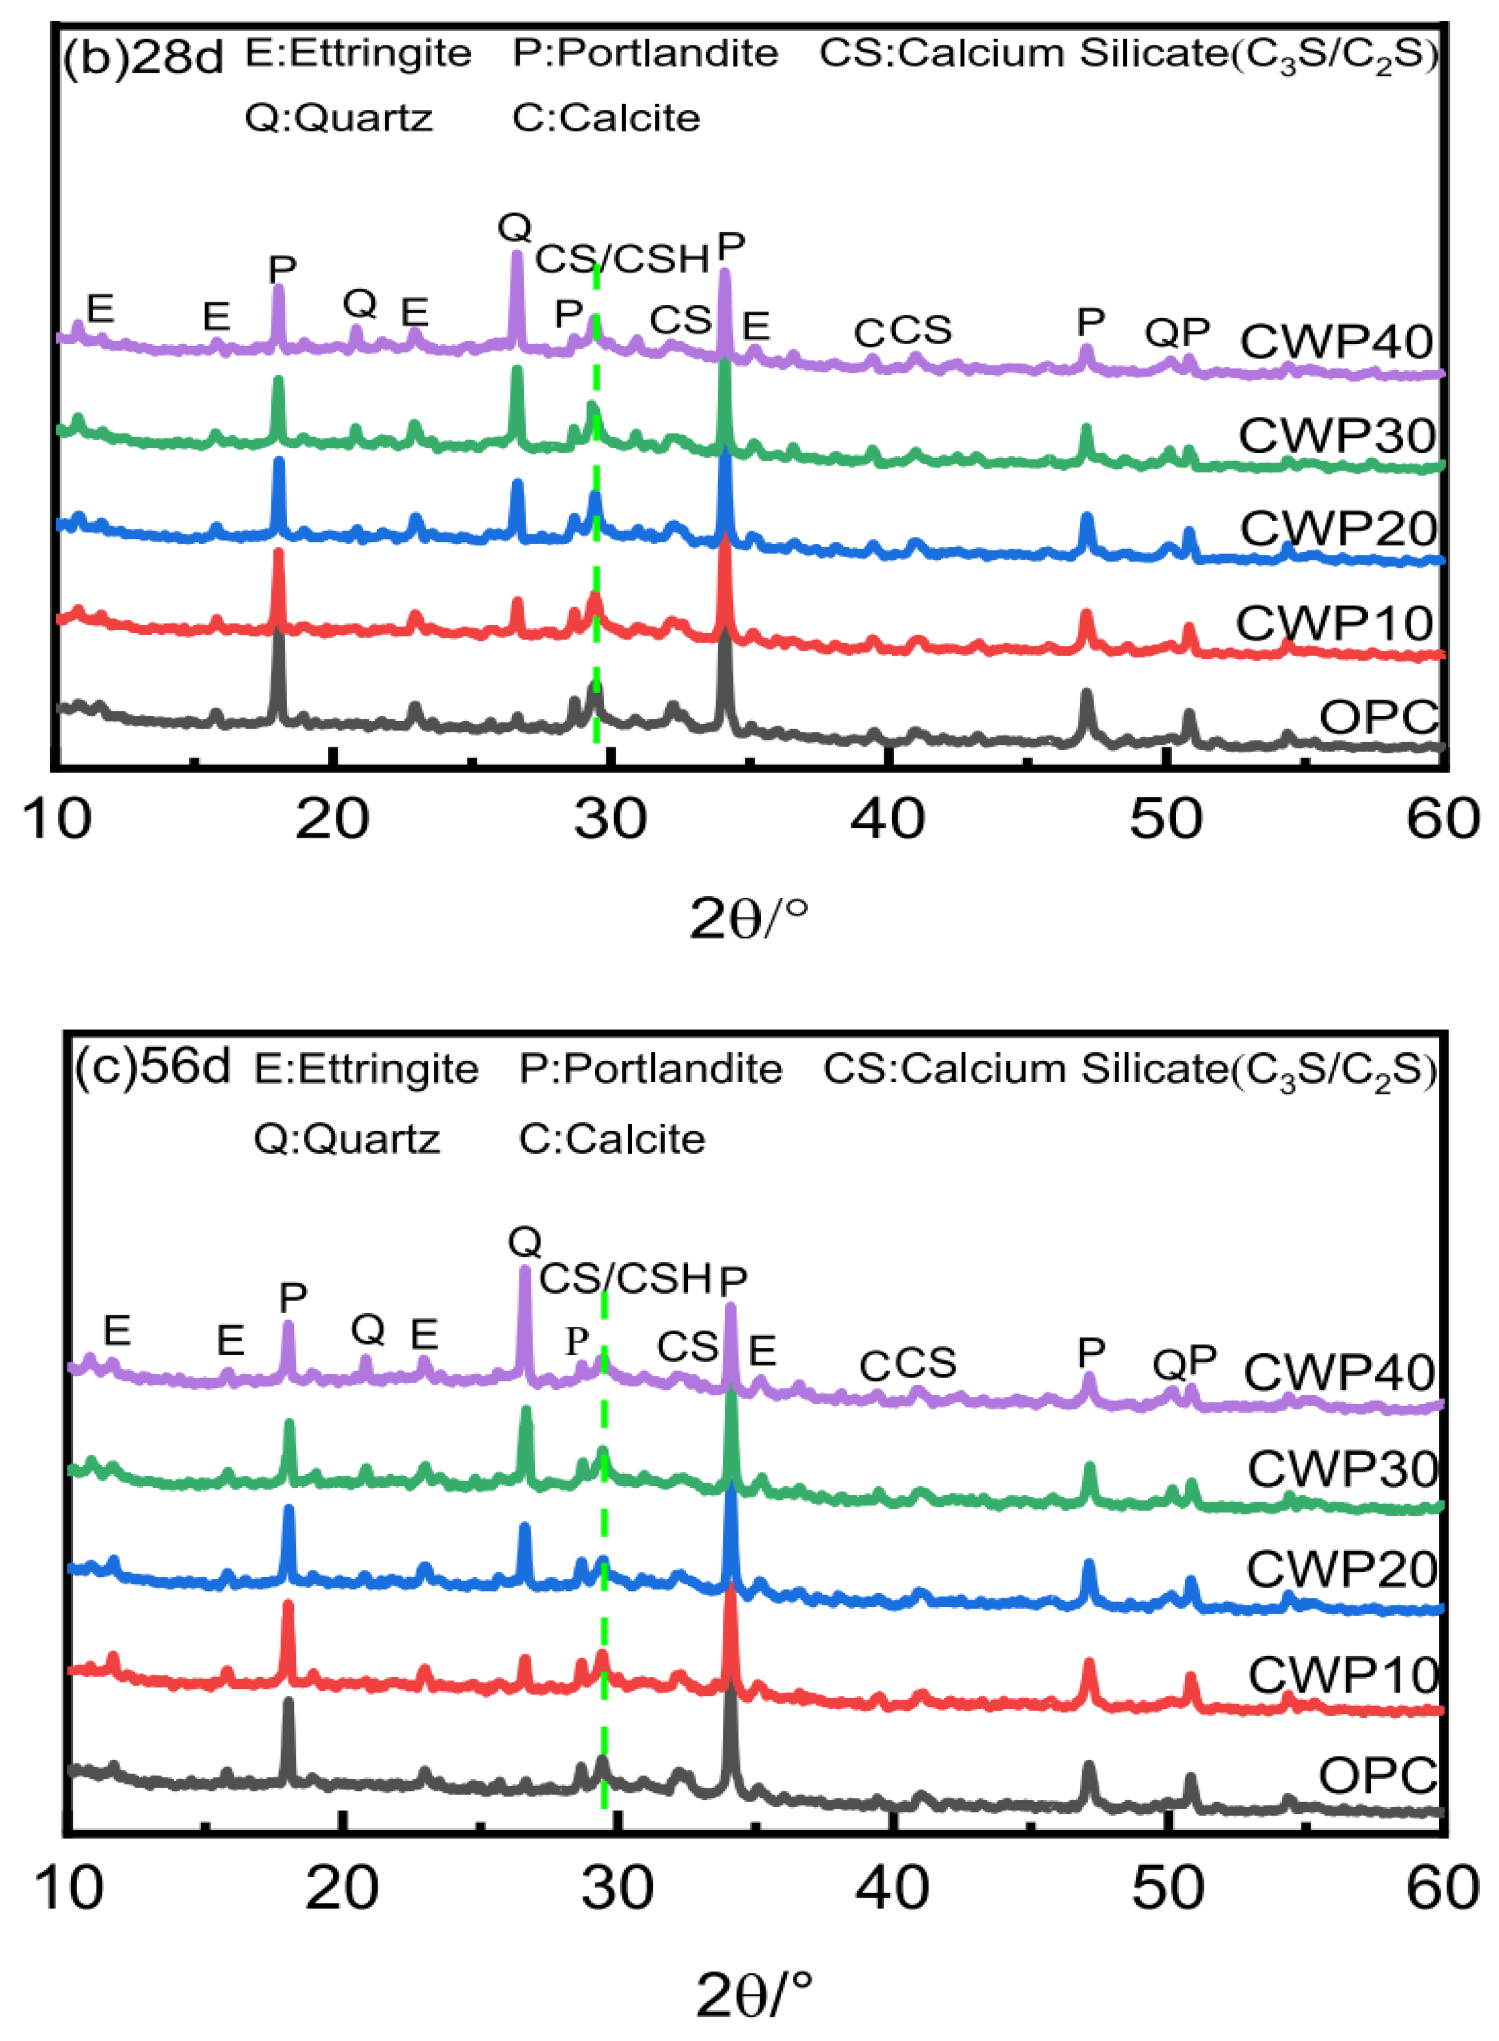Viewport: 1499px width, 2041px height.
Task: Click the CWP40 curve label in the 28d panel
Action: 1336,341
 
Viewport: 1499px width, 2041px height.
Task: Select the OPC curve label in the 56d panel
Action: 1377,1775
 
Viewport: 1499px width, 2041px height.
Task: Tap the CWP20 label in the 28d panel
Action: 1337,528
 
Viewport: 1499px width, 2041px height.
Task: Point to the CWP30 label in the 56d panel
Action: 1342,1469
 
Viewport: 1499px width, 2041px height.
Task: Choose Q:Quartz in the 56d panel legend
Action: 347,1138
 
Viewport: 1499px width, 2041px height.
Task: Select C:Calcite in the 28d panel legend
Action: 606,118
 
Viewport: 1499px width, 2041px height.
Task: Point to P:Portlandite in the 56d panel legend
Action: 649,1069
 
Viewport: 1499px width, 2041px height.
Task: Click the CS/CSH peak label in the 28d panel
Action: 621,260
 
